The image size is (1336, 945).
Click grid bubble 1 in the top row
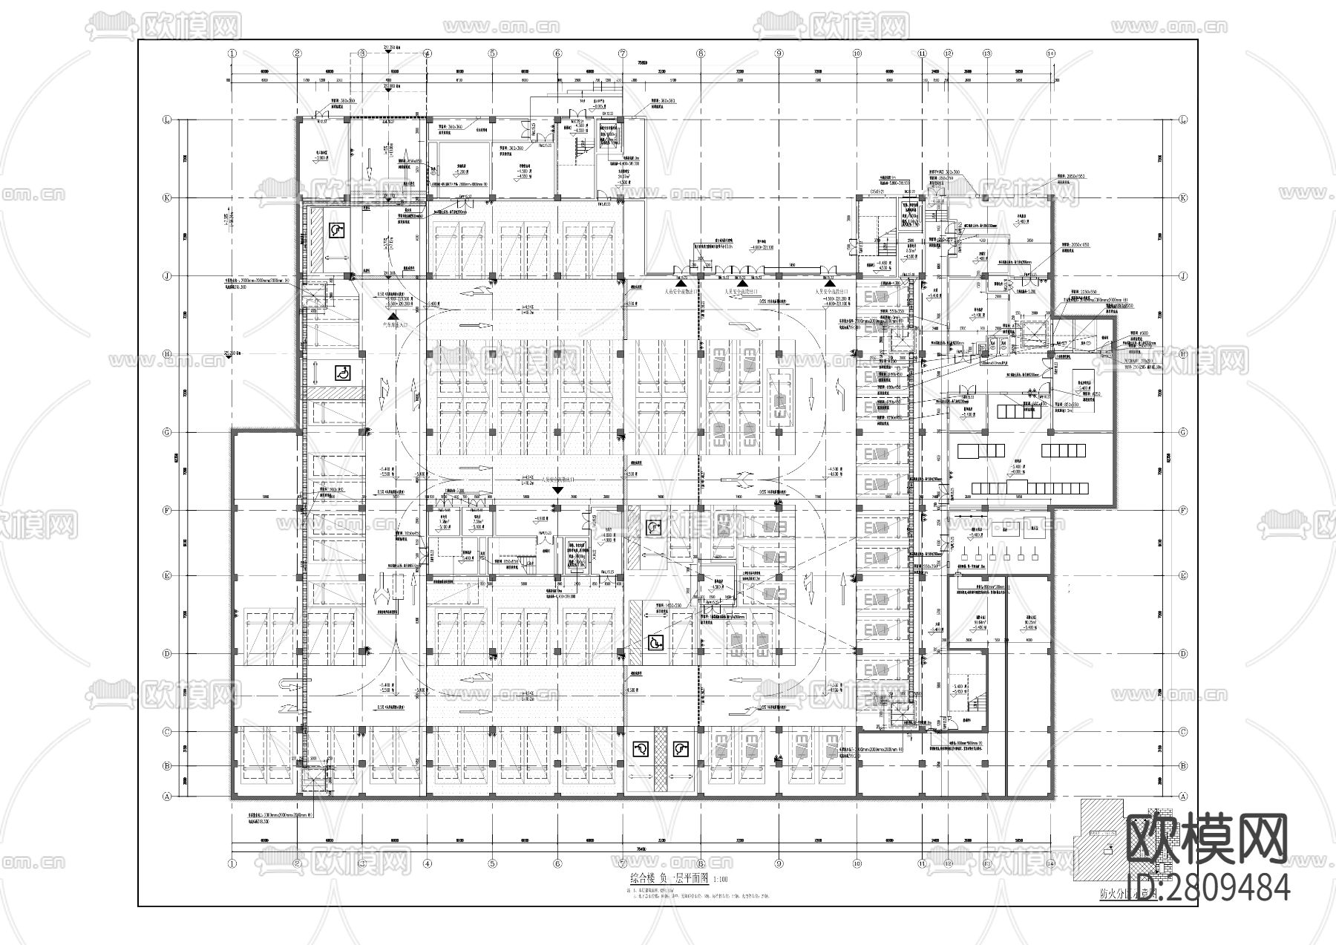[232, 53]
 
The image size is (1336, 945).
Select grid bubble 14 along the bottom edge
[1050, 864]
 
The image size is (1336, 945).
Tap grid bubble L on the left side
[167, 120]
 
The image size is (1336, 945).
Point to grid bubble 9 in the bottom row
[779, 864]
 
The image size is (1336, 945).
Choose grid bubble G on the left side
[167, 432]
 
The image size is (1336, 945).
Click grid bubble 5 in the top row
[492, 53]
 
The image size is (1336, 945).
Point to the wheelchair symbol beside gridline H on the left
[343, 373]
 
